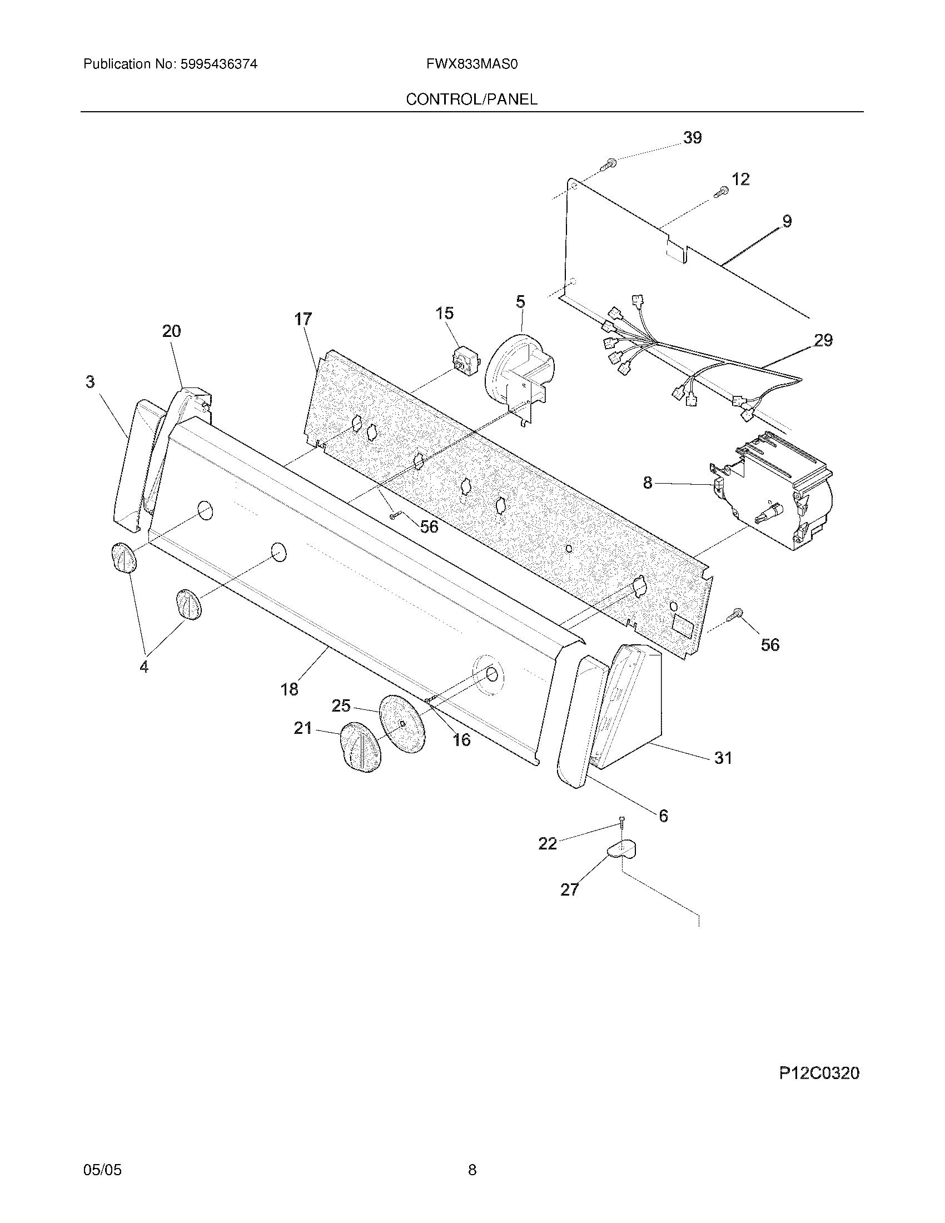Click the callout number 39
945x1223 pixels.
pyautogui.click(x=692, y=138)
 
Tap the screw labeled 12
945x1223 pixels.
pyautogui.click(x=721, y=193)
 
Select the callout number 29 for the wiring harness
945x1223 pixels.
pyautogui.click(x=823, y=340)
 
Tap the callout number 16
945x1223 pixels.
pyautogui.click(x=461, y=740)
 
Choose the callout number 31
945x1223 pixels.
pyautogui.click(x=723, y=758)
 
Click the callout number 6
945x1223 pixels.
pyautogui.click(x=663, y=816)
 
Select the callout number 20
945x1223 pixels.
pyautogui.click(x=172, y=331)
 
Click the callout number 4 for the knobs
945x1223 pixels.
pyautogui.click(x=144, y=667)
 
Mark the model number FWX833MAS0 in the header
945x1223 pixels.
pyautogui.click(x=471, y=64)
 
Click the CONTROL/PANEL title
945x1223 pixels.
pyautogui.click(x=471, y=100)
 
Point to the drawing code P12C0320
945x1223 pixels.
pyautogui.click(x=819, y=1073)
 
